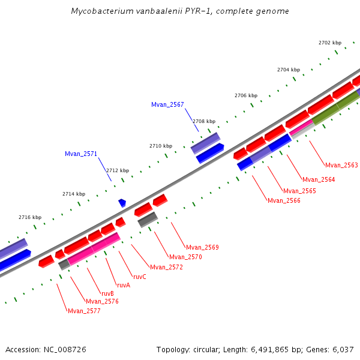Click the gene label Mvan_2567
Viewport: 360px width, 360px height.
coord(167,104)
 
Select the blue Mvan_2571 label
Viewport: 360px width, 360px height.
coord(81,154)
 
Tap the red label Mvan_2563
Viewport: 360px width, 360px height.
coord(341,165)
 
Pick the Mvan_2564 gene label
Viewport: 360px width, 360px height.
coord(319,179)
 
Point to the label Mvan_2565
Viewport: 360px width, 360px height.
coord(299,191)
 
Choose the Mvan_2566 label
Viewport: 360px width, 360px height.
coord(284,200)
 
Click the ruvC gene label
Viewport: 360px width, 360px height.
coord(139,277)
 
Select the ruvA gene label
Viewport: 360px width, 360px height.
coord(124,285)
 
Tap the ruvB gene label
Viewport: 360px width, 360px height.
coord(107,293)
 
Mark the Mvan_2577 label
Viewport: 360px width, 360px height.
coord(84,311)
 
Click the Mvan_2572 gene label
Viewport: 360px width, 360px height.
coord(166,267)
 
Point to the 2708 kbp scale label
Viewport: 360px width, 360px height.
coord(203,121)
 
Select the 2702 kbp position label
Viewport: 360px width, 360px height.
coord(329,43)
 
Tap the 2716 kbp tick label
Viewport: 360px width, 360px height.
coord(30,217)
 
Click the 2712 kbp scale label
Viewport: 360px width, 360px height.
coord(118,170)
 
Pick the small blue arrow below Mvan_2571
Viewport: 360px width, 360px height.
coord(122,203)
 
